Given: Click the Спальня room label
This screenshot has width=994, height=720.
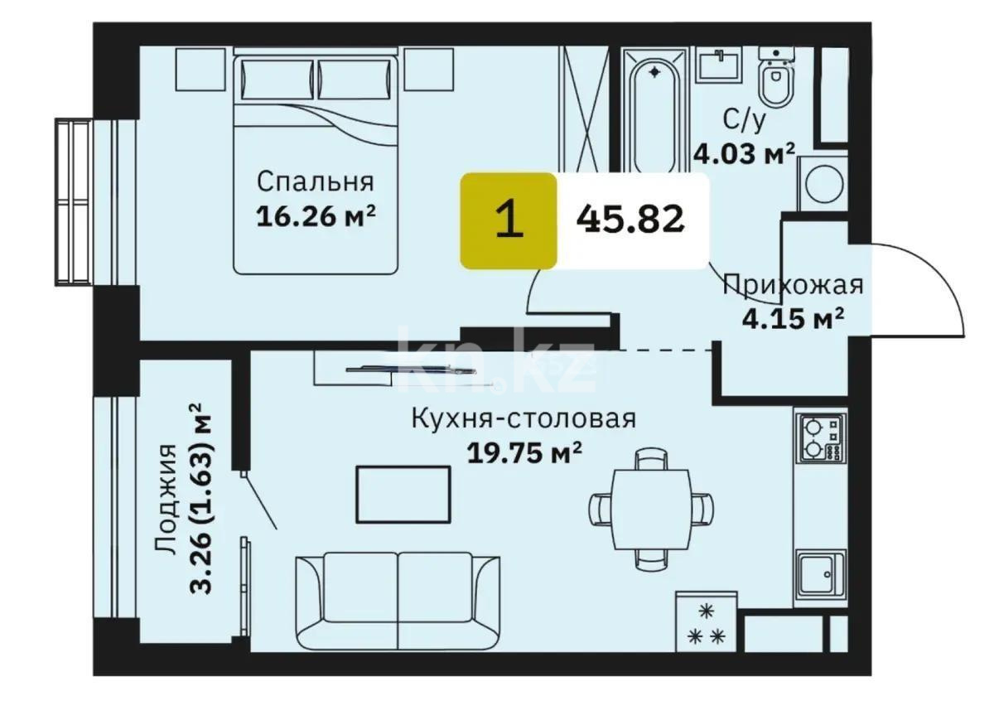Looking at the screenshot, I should coord(315,181).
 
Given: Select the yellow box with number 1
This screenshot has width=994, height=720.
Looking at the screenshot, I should coord(508,220).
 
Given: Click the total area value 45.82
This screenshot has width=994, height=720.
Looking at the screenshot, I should coord(634,220).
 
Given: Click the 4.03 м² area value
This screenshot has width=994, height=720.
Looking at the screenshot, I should coord(744,154).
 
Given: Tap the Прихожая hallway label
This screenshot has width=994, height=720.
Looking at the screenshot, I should coord(793,285).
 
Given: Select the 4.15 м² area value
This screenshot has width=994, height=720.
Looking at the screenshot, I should coord(792,318).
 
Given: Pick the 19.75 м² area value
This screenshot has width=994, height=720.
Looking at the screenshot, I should coord(524,453).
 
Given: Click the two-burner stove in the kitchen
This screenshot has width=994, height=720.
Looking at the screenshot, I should coord(819,438).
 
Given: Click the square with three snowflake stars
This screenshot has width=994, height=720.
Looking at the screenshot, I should coord(706,622).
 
